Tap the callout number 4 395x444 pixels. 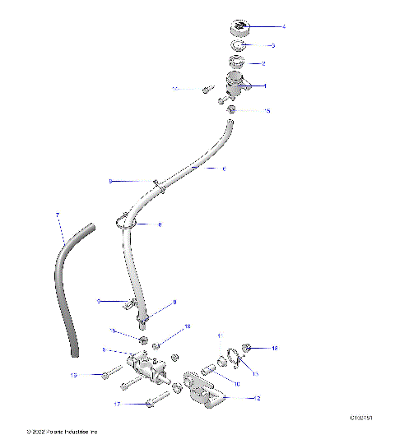click(283, 27)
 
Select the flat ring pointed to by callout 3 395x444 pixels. click(239, 45)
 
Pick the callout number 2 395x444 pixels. click(263, 63)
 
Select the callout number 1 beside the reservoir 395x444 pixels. click(264, 86)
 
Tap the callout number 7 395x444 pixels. click(57, 215)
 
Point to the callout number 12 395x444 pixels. click(258, 397)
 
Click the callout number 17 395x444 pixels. click(117, 405)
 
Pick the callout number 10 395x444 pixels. click(238, 383)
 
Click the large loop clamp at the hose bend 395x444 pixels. click(126, 223)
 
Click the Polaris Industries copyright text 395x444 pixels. click(62, 431)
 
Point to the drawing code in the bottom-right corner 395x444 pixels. click(361, 419)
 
